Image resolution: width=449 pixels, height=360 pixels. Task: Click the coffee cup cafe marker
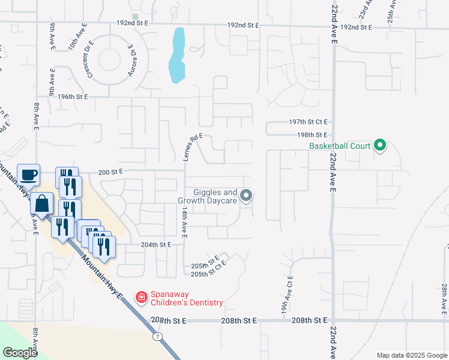pyautogui.click(x=28, y=175)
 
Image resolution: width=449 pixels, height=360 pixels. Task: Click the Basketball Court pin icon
pyautogui.click(x=379, y=145)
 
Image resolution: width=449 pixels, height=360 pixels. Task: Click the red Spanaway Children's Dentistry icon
pyautogui.click(x=141, y=297)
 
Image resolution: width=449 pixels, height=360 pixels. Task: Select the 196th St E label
pyautogui.click(x=73, y=97)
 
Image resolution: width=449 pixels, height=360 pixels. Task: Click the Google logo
pyautogui.click(x=20, y=353)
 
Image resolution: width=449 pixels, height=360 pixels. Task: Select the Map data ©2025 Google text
pyautogui.click(x=411, y=355)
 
